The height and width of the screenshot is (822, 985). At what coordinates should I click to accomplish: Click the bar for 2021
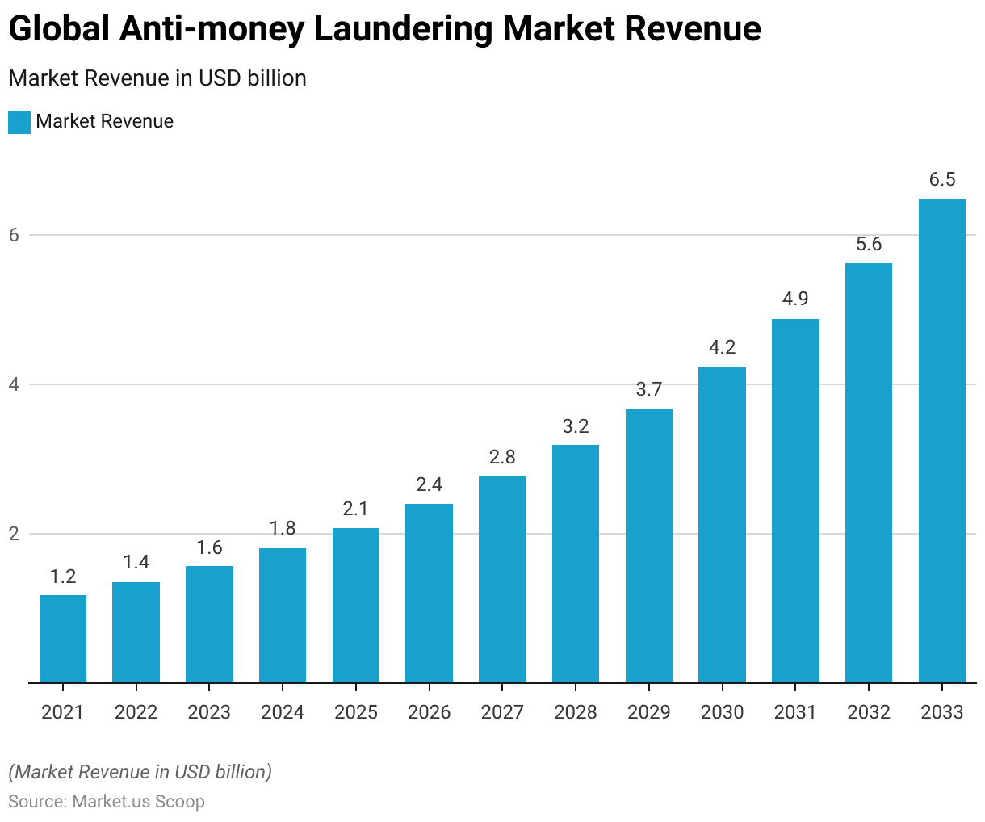point(63,639)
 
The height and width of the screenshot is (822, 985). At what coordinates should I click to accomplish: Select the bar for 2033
point(941,440)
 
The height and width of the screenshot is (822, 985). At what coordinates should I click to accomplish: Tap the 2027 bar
point(502,579)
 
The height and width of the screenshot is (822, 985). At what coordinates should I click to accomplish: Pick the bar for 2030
point(722,525)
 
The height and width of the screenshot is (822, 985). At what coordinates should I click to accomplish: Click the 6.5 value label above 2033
point(941,180)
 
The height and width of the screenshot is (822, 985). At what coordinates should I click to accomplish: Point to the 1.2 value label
point(63,577)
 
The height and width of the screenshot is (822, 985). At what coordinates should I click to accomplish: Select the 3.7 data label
point(649,390)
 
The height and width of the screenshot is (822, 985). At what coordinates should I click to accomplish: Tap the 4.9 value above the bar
point(795,300)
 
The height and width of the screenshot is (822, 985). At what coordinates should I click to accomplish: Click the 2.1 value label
point(356,509)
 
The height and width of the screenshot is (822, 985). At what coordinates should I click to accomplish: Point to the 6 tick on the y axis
point(14,235)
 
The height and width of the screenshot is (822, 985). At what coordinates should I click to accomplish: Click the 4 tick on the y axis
point(14,384)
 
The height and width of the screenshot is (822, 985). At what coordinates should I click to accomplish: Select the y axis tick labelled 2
point(14,534)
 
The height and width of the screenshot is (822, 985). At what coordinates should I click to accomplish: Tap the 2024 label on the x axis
point(283,712)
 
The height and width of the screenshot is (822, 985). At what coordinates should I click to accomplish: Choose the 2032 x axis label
point(869,712)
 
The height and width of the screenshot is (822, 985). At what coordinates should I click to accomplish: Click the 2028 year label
point(576,712)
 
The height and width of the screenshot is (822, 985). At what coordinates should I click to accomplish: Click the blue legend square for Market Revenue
point(19,122)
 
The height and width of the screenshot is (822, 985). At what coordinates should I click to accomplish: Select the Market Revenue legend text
point(105,122)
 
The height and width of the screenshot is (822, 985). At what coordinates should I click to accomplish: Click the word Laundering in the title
point(401,30)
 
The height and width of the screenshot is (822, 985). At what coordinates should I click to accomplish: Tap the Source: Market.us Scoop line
point(107,802)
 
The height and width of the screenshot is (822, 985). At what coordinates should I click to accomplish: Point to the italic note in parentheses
point(140,772)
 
